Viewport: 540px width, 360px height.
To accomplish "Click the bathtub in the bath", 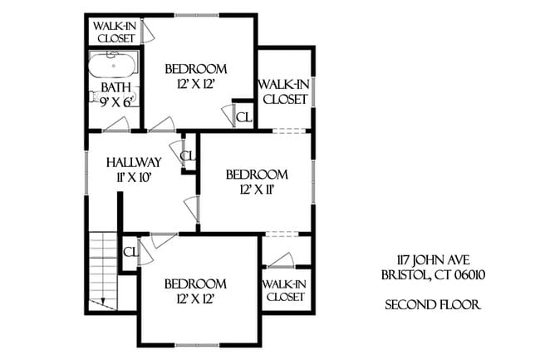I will [114, 66].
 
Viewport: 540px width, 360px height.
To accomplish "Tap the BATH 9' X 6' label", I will [114, 94].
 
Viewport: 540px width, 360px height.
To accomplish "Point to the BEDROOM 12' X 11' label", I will [257, 181].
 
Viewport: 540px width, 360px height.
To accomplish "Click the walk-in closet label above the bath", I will [115, 32].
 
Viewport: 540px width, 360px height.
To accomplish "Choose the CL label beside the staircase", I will [130, 252].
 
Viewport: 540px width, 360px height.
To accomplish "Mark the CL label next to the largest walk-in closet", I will [243, 116].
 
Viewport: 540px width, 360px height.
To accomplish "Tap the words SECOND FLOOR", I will [433, 305].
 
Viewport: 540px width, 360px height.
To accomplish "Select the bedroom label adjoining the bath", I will [196, 76].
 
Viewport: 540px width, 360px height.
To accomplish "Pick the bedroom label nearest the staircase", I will [195, 290].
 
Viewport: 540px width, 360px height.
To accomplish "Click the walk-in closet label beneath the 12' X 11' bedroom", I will [284, 289].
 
